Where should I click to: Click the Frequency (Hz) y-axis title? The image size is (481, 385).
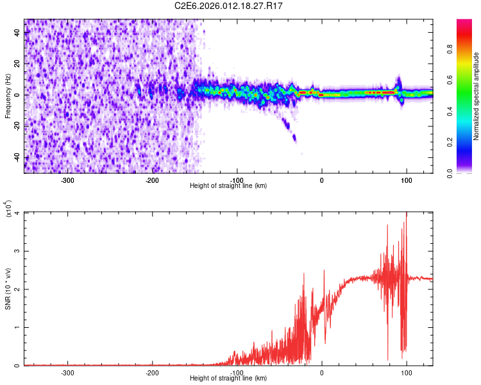click(x=8, y=96)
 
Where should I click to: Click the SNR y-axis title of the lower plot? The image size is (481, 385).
click(x=8, y=289)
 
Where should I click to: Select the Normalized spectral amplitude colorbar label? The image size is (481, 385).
click(x=477, y=96)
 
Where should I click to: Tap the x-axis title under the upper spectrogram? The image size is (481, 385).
click(x=228, y=185)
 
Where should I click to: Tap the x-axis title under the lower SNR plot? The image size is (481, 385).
click(x=228, y=378)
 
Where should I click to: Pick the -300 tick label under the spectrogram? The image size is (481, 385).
click(x=68, y=180)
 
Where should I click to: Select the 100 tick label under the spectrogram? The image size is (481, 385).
click(x=406, y=180)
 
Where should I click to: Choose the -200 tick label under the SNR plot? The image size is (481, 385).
click(x=153, y=372)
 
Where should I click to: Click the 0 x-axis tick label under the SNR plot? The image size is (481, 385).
click(x=322, y=372)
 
